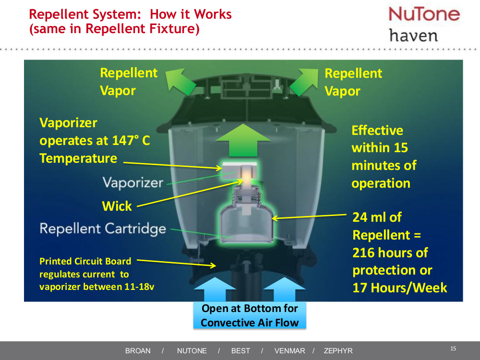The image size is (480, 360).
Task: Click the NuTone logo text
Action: [x=424, y=13]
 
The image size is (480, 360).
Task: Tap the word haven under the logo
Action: [x=413, y=36]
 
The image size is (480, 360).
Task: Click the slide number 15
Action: [x=453, y=348]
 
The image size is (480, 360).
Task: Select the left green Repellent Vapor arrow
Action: [x=180, y=81]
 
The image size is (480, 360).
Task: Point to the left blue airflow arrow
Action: [x=215, y=290]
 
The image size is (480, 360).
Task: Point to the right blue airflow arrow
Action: [x=285, y=290]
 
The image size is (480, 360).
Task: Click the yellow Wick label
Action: [x=117, y=206]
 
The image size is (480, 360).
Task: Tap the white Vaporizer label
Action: [x=133, y=183]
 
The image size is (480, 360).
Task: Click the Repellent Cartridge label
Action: [x=103, y=228]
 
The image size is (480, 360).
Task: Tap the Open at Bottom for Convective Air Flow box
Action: [x=250, y=315]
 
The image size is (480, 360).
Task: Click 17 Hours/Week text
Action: [x=400, y=288]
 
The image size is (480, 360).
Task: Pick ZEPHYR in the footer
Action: [x=338, y=351]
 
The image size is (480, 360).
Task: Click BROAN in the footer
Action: [x=138, y=351]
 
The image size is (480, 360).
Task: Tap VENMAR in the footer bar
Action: [x=289, y=351]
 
